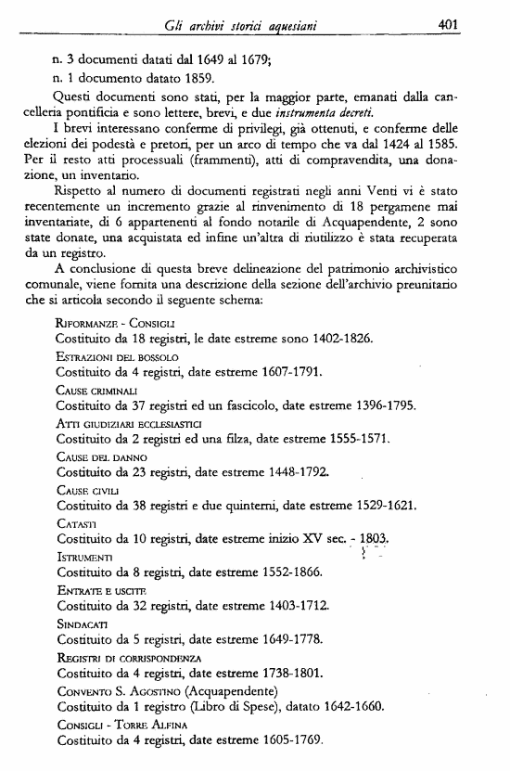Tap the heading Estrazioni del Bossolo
tap(117, 355)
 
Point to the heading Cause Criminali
tap(96, 388)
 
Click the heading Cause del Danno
tap(101, 456)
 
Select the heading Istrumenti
tap(84, 557)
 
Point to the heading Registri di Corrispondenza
tap(129, 657)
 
